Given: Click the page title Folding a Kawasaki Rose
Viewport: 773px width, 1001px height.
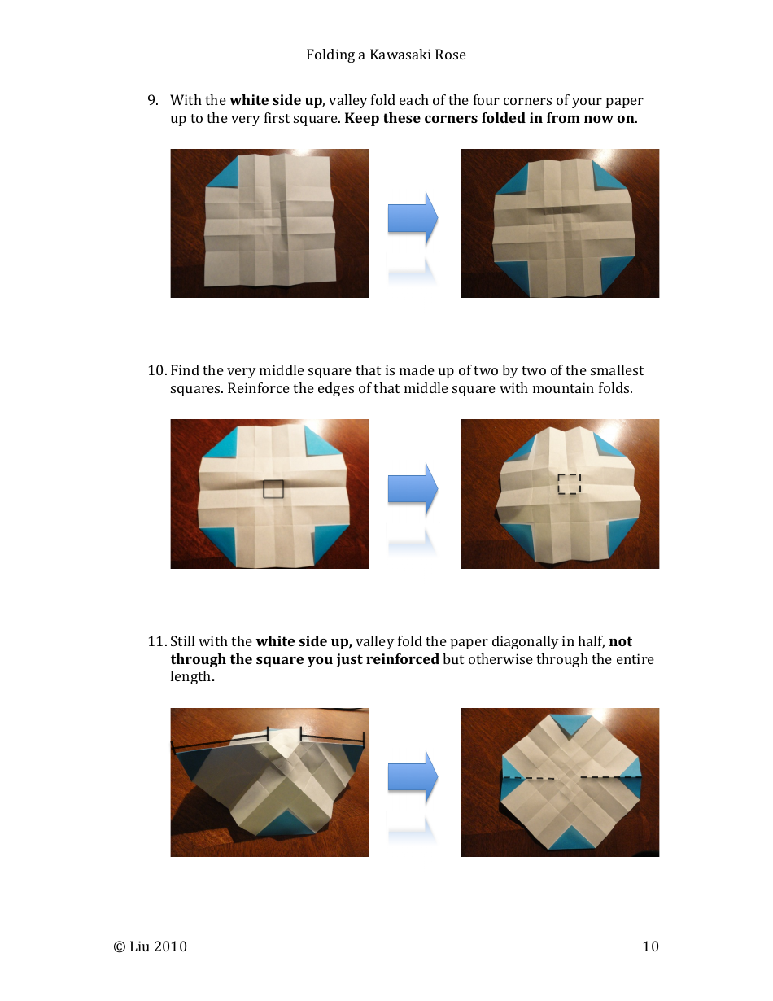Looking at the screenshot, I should click(386, 55).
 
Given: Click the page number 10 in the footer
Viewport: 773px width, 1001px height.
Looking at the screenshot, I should click(650, 946).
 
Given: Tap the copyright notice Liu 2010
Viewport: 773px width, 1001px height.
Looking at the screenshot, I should click(151, 946).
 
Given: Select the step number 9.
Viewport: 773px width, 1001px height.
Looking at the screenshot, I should click(152, 100).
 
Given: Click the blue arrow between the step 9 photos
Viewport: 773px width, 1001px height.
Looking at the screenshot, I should click(413, 218).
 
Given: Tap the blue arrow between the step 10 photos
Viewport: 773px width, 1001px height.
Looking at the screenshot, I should click(413, 488).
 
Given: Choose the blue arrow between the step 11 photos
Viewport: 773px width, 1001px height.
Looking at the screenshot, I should click(413, 777).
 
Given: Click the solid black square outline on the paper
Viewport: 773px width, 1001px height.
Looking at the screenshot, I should click(273, 489).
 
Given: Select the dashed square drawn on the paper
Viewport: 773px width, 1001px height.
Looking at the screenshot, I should click(569, 483).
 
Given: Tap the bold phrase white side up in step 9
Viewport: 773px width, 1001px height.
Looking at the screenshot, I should click(276, 100).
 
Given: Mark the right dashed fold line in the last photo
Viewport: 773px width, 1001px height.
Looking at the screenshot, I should click(610, 778).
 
